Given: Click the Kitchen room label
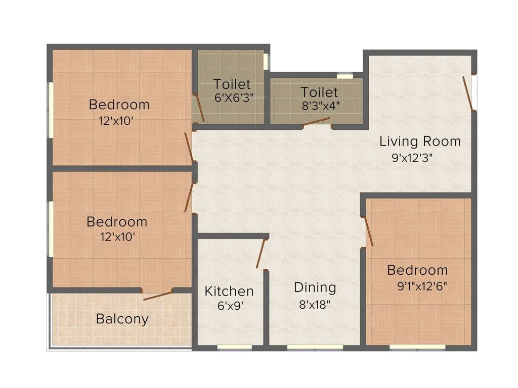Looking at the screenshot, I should pyautogui.click(x=229, y=291).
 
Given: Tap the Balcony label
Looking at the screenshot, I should pyautogui.click(x=122, y=319).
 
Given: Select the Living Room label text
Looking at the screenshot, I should pyautogui.click(x=420, y=141).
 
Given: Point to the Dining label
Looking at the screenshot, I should pyautogui.click(x=315, y=287).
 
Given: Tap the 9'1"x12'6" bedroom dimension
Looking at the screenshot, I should pyautogui.click(x=422, y=285).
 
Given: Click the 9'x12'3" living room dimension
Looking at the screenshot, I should pyautogui.click(x=412, y=157).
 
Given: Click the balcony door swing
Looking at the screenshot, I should pyautogui.click(x=158, y=295).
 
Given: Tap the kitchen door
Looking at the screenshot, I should pyautogui.click(x=261, y=254).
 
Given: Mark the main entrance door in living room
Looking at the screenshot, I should pyautogui.click(x=468, y=93).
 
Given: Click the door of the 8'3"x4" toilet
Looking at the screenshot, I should pyautogui.click(x=316, y=122).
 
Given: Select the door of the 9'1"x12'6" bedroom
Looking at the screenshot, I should pyautogui.click(x=369, y=231).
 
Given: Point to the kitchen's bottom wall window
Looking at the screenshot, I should pyautogui.click(x=235, y=347).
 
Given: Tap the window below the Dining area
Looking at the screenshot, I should pyautogui.click(x=315, y=347).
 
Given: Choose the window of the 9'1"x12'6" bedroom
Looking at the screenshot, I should pyautogui.click(x=417, y=347).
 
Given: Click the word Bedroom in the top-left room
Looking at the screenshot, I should pyautogui.click(x=119, y=105).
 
